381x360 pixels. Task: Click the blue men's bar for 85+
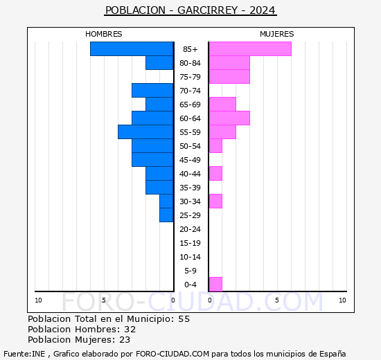point(132,49)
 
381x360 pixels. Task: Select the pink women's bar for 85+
point(250,49)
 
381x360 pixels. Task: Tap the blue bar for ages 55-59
point(145,132)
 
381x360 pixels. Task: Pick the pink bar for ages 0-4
point(215,285)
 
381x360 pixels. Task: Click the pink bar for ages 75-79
point(229,77)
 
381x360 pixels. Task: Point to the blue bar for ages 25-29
point(166,215)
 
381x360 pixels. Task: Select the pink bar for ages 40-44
point(215,174)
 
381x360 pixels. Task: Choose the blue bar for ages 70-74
point(152,91)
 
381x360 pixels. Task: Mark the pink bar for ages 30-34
point(215,201)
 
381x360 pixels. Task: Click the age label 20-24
point(190,229)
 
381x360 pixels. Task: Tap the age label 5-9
point(190,271)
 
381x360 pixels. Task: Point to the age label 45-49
point(190,160)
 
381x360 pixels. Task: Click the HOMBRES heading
point(103,34)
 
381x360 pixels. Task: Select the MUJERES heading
point(277,34)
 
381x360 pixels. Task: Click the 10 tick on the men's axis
point(38,300)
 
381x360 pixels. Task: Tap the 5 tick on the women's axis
point(277,300)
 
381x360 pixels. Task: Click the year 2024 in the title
point(263,10)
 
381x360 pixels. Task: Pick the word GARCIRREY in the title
point(208,10)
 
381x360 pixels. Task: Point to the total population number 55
point(184,319)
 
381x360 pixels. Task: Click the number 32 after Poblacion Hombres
point(130,330)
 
